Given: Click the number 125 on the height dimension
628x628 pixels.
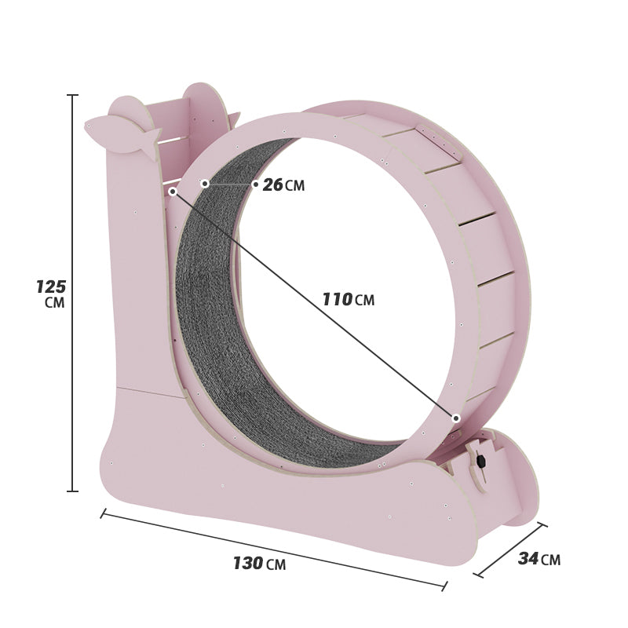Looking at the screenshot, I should [50, 287].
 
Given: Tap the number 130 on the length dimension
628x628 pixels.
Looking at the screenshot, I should [247, 563].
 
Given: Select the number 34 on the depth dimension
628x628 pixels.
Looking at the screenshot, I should [528, 558].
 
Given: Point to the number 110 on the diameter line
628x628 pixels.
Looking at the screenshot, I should [337, 299].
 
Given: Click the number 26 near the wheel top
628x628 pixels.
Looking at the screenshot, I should [272, 185].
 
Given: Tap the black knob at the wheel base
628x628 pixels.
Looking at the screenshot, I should [480, 462].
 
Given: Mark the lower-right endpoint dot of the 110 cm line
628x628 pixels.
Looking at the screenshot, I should [456, 418].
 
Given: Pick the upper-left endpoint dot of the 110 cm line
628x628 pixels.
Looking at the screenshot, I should [173, 191].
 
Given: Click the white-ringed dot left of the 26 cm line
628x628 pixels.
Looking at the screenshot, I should [205, 184].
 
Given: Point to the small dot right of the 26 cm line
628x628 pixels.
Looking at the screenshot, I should [255, 184].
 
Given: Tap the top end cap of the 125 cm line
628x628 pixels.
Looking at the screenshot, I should [72, 95].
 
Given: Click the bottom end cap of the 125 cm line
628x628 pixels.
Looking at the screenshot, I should [72, 491].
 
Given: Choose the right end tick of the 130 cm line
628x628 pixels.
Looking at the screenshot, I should [445, 586].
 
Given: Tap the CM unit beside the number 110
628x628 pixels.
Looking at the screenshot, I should [364, 300].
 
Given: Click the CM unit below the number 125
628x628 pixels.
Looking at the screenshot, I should [54, 303].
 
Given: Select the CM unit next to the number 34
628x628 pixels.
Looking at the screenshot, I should [550, 560].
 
